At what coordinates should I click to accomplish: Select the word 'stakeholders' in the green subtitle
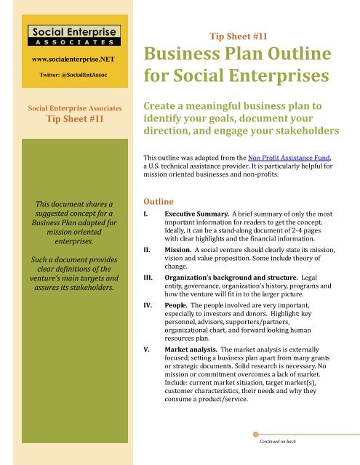coord(312,130)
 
